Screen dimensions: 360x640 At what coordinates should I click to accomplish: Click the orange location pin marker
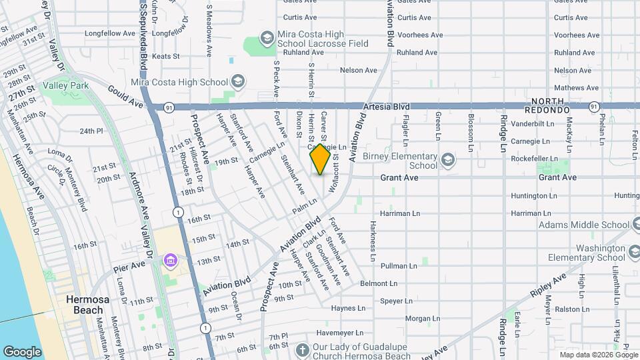(320, 159)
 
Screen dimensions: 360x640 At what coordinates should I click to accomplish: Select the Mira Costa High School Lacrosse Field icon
(267, 37)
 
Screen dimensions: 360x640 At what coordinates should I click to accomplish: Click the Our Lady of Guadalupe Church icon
(302, 349)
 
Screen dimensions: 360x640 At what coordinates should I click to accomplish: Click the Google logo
(22, 351)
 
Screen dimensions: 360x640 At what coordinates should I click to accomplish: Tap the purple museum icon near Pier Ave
(171, 259)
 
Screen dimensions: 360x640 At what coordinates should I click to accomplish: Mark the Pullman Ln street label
(399, 266)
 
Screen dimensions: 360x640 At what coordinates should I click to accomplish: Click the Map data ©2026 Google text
(598, 355)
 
